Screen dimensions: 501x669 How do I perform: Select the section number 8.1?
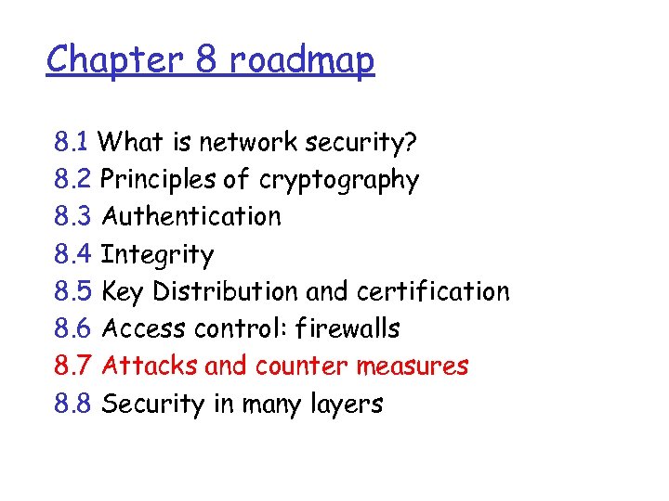(72, 142)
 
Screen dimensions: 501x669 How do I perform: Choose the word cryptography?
(339, 181)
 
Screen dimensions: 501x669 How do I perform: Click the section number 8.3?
(72, 217)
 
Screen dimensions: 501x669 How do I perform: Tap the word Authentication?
(191, 217)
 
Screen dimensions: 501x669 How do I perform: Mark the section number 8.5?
(72, 291)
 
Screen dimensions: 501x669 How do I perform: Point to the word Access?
(144, 328)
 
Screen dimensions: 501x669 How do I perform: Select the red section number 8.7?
(72, 366)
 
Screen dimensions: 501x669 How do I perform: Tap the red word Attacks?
(150, 366)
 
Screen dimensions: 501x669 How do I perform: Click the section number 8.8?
(72, 404)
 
